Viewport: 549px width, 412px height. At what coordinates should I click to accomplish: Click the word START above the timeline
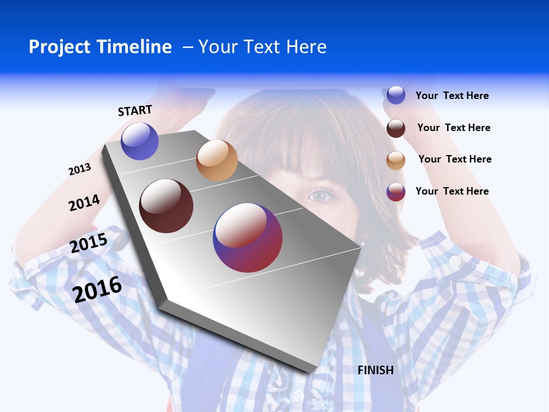click(x=135, y=110)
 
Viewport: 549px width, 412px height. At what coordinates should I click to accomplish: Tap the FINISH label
click(x=376, y=370)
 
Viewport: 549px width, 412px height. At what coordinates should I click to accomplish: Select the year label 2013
click(x=79, y=169)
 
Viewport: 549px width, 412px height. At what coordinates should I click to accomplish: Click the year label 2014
click(x=84, y=203)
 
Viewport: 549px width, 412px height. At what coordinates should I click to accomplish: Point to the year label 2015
click(x=89, y=243)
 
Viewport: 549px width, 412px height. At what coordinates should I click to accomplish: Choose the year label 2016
click(x=97, y=289)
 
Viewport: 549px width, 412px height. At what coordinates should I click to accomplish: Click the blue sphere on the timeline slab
click(x=140, y=141)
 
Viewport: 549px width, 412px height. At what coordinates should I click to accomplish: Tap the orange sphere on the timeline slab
click(x=217, y=160)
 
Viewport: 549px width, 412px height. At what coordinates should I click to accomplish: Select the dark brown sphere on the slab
click(x=166, y=206)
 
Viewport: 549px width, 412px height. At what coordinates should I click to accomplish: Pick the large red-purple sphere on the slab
click(x=248, y=237)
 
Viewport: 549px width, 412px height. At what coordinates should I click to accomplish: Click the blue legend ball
click(x=396, y=95)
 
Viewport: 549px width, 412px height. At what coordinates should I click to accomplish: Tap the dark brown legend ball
click(x=396, y=128)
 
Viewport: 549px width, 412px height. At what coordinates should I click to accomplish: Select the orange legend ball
click(x=396, y=160)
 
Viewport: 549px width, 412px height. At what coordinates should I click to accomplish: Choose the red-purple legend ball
click(x=396, y=192)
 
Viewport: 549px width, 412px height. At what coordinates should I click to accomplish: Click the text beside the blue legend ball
click(x=452, y=96)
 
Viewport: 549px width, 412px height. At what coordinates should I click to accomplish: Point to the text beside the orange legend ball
click(x=455, y=159)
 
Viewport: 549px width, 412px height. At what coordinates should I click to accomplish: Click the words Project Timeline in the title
click(x=100, y=47)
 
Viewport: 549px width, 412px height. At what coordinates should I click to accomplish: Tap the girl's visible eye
click(x=321, y=196)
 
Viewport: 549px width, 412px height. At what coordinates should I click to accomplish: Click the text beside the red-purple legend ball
click(x=452, y=191)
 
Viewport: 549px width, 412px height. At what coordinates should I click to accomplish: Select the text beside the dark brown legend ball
click(x=453, y=128)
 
